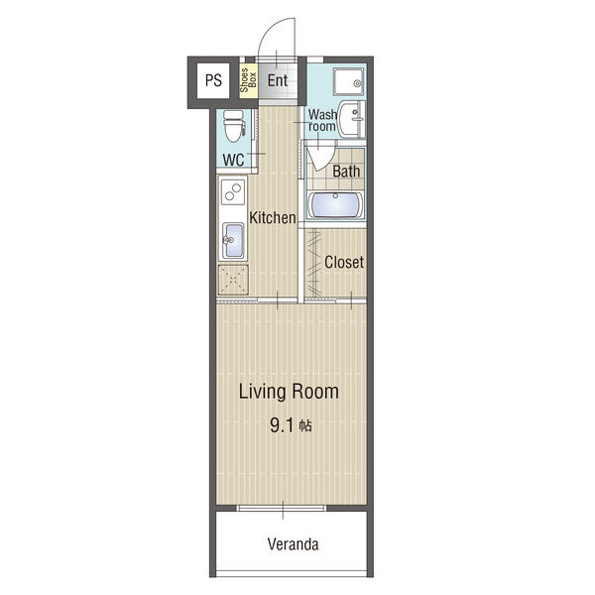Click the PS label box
(213, 80)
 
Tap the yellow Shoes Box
(248, 80)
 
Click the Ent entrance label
(278, 80)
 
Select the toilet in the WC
(233, 126)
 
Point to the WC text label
(233, 160)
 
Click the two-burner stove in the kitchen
(233, 192)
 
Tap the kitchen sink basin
(233, 241)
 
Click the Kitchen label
(273, 218)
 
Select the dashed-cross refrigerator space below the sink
(233, 280)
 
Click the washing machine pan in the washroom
(349, 81)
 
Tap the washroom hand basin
(351, 120)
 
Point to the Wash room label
(322, 120)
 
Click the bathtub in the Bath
(335, 205)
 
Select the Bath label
(346, 172)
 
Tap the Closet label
(344, 262)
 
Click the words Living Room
(289, 392)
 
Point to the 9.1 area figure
(282, 425)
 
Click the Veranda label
(293, 544)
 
